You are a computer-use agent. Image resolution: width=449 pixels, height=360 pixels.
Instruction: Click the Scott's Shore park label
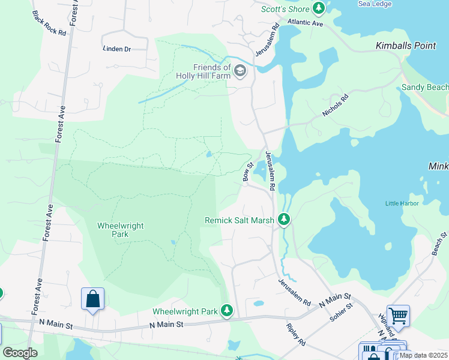click(x=286, y=9)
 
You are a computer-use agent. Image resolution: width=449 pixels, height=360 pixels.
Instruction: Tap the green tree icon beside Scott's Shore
click(x=319, y=8)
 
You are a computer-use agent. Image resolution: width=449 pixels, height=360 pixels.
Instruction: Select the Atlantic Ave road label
click(x=306, y=23)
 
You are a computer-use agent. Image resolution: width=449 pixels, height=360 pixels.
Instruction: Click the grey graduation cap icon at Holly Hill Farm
click(x=240, y=71)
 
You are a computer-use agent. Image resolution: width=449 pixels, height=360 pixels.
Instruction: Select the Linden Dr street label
click(x=117, y=49)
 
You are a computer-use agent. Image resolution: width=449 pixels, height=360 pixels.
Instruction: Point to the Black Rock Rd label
click(x=49, y=23)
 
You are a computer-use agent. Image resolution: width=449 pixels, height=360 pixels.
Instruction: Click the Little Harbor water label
click(x=402, y=203)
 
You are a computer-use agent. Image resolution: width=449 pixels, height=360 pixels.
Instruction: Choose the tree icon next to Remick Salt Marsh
click(x=285, y=220)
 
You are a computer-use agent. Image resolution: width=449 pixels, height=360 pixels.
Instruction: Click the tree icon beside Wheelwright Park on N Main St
click(x=227, y=311)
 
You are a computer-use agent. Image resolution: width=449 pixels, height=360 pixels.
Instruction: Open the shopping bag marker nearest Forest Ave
click(x=93, y=298)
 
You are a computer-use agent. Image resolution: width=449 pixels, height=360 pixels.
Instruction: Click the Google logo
click(x=20, y=353)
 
